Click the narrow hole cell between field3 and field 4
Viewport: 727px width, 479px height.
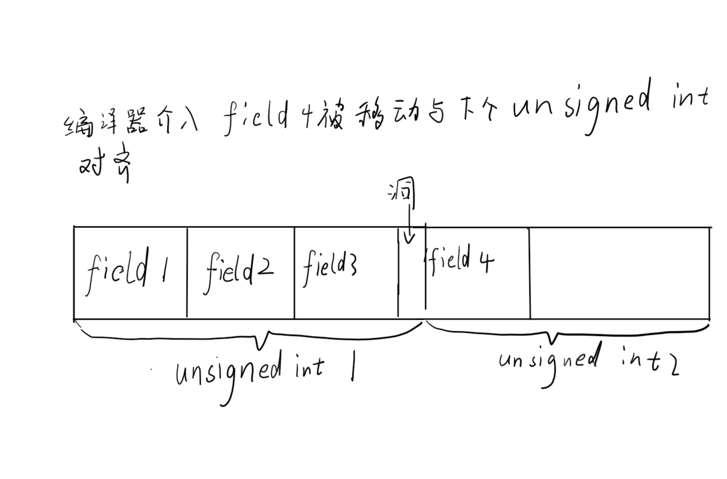(x=411, y=282)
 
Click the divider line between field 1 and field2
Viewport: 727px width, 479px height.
(x=187, y=273)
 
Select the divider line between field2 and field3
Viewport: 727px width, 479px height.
(x=294, y=273)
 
